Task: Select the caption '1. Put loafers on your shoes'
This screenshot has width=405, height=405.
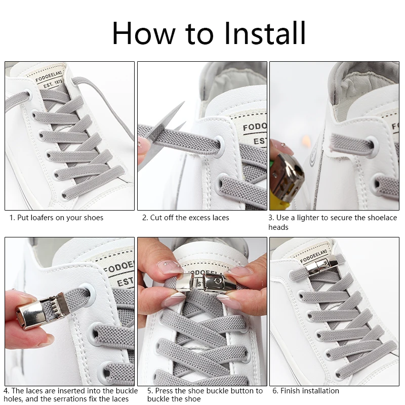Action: click(56, 218)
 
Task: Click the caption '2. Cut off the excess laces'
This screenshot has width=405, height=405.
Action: click(185, 218)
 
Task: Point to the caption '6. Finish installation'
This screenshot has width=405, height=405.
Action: click(306, 391)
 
